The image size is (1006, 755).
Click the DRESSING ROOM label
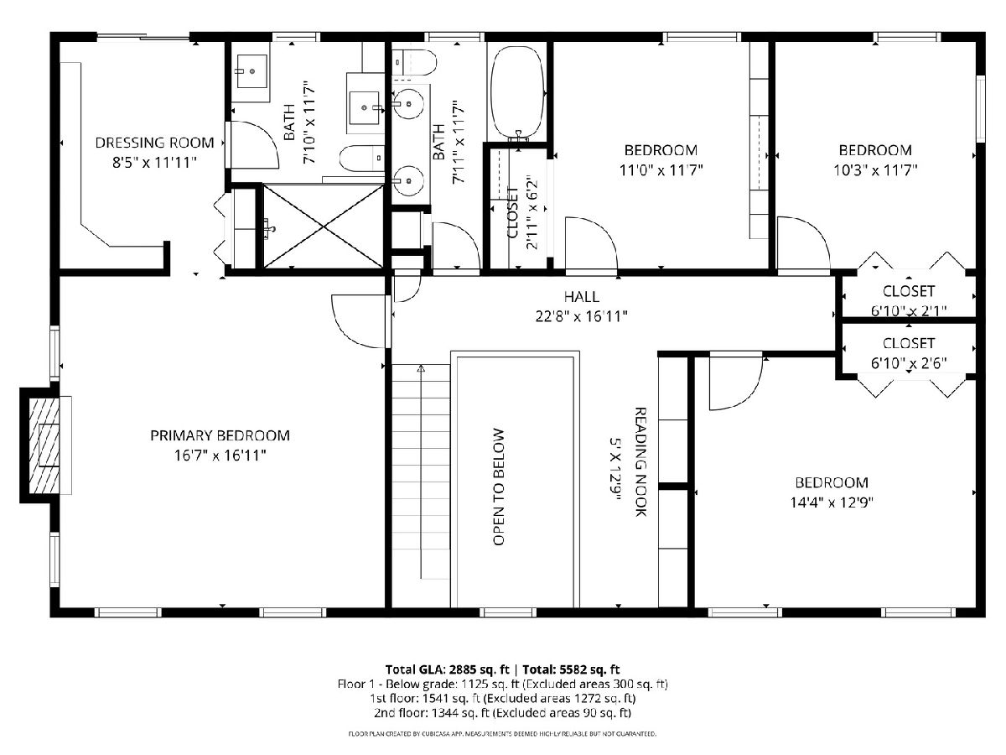pos(154,143)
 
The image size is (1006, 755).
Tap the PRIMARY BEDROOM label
pos(220,435)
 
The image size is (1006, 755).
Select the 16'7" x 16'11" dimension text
pos(220,456)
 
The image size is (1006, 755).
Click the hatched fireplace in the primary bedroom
pos(44,445)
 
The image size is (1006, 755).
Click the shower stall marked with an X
pos(324,226)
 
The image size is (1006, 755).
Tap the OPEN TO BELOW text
pos(499,487)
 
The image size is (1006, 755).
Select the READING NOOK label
pos(640,462)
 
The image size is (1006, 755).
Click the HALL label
pos(582,297)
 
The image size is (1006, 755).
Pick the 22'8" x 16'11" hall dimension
pos(582,316)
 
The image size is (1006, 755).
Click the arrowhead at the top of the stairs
pos(421,367)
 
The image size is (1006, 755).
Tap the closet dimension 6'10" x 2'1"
pos(909,311)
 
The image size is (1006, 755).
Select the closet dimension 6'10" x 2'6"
pos(909,363)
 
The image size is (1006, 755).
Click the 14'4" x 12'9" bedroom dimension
pos(832,502)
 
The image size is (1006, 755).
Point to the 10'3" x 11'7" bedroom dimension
pos(875,170)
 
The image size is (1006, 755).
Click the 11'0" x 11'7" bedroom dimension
pos(661,170)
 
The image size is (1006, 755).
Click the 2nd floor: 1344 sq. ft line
pos(502,713)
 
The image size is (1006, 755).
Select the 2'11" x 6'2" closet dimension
pos(532,212)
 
